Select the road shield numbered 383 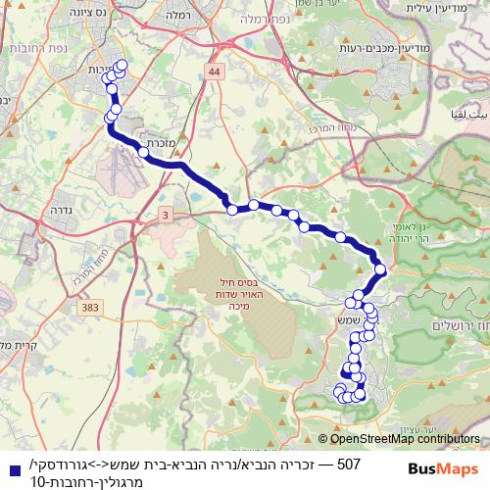(x=92, y=309)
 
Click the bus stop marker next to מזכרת (x=151, y=144)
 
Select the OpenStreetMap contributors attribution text (x=403, y=440)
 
